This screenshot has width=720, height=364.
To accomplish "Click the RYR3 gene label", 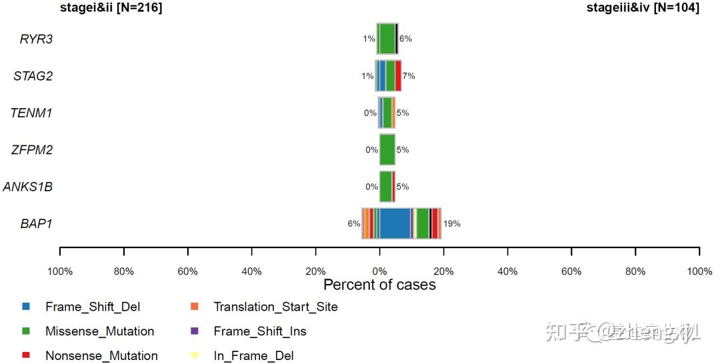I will coord(36,39).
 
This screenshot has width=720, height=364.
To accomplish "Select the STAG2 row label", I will coord(33,76).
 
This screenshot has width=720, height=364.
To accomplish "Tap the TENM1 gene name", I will coord(31,113).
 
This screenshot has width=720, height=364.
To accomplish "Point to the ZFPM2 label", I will coord(32,150).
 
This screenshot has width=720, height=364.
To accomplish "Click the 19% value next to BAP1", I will coord(451,224).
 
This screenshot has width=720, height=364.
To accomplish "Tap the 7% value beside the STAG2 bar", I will coord(408,76).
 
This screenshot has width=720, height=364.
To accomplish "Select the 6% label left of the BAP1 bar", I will coord(353,224).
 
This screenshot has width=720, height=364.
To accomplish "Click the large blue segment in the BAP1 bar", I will coord(395,223).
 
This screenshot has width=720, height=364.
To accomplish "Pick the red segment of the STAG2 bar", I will coord(398,76).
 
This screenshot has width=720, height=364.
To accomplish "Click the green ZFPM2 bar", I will coord(387,150).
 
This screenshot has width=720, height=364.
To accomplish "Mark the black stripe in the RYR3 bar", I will coord(397,39).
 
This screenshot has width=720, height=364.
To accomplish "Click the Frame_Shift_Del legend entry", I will coord(93,307).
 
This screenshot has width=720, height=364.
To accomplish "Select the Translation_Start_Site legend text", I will coord(275,307).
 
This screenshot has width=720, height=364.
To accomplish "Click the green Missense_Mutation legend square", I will coord(26,331).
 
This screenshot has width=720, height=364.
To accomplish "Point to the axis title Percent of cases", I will coord(379,285).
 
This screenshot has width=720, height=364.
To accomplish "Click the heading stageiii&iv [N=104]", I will coord(643,8).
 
